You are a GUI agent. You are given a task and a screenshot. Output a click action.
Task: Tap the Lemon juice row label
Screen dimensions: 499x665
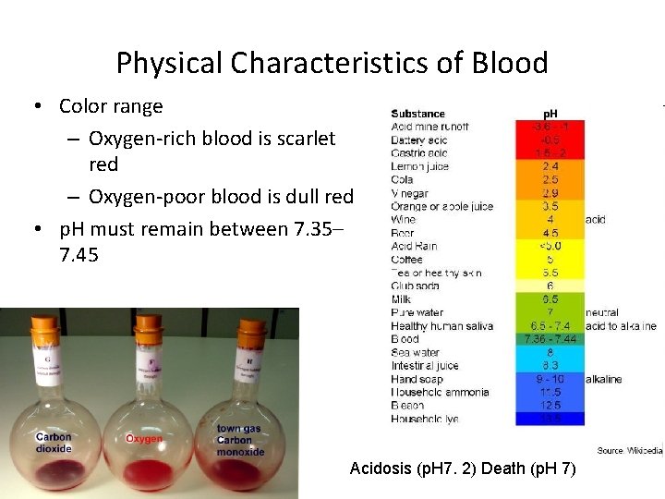pos(419,166)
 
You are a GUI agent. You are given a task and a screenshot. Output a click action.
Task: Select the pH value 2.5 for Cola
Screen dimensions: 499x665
pos(550,179)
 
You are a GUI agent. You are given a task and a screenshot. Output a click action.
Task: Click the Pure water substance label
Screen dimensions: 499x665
pos(417,312)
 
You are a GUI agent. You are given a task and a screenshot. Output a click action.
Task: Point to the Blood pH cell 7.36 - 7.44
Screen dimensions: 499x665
pos(550,339)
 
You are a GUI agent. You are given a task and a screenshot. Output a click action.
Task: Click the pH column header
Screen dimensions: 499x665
pos(550,114)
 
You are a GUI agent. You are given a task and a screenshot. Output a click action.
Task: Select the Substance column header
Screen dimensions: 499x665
pos(417,114)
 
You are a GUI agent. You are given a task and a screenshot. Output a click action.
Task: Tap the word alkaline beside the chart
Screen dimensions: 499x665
pos(603,379)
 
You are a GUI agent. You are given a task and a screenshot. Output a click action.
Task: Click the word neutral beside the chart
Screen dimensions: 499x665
pos(601,313)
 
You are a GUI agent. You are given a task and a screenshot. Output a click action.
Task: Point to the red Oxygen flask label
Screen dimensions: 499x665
pos(143,439)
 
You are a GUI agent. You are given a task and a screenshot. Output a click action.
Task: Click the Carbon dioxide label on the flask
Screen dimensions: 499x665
pos(54,443)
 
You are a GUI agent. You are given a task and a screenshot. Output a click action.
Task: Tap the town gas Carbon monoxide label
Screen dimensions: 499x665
pos(240,440)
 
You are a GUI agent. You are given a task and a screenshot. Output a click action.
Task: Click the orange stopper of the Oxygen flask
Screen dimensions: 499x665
pos(149,325)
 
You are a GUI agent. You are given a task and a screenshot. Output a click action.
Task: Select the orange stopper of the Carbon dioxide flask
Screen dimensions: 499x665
pos(44,325)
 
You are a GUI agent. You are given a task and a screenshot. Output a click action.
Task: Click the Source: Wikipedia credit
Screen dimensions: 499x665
pos(629,451)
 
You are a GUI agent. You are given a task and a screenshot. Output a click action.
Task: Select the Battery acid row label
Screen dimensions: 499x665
pos(420,139)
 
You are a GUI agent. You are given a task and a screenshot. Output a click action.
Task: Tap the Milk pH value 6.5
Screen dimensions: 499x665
pos(550,299)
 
